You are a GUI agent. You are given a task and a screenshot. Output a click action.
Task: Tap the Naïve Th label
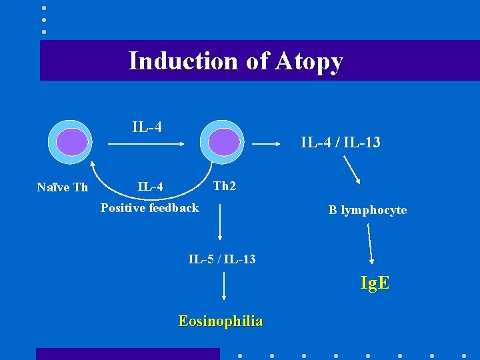click(x=62, y=187)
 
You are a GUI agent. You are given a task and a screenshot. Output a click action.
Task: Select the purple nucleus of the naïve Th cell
click(x=71, y=142)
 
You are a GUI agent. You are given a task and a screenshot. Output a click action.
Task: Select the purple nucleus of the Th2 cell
click(x=223, y=142)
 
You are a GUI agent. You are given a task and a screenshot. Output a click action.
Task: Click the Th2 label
click(x=225, y=186)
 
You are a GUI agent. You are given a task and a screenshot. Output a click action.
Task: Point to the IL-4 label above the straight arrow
click(x=147, y=127)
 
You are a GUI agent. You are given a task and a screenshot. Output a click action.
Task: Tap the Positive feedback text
click(x=149, y=208)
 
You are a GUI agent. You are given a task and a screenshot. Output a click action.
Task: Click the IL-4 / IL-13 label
click(x=341, y=142)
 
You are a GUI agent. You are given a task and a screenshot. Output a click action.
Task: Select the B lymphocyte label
click(x=367, y=211)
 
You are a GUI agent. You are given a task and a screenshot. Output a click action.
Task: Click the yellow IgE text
click(x=375, y=283)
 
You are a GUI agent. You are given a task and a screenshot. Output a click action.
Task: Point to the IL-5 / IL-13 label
click(x=222, y=259)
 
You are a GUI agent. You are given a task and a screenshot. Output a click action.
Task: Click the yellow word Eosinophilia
click(x=221, y=321)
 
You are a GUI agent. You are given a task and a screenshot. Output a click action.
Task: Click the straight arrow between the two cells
click(x=147, y=142)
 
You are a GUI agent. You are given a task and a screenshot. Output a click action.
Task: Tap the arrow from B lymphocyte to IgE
click(x=371, y=244)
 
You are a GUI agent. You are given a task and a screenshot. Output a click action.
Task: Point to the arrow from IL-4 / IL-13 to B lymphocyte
click(x=353, y=171)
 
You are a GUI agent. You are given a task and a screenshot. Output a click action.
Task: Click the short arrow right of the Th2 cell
click(x=269, y=143)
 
